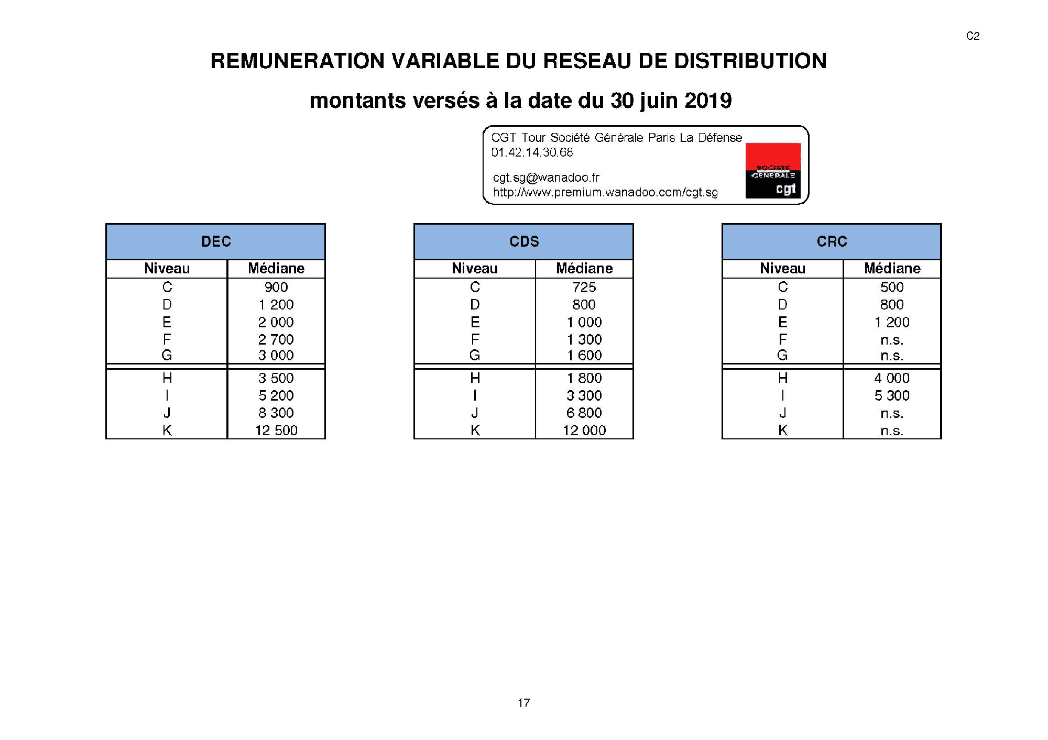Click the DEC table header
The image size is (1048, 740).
216,241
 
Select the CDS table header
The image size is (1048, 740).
524,241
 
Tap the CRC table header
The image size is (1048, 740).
832,241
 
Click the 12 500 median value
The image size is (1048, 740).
276,430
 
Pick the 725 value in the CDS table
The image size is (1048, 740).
584,287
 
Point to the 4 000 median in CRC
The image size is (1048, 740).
891,378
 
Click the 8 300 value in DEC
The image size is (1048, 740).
276,413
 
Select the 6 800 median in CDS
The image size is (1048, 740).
584,413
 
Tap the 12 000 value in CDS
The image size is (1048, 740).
584,430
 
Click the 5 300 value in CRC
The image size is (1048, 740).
891,395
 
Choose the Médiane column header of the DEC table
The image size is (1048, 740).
276,269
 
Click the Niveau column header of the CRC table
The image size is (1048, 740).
782,269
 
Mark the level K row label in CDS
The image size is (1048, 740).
475,430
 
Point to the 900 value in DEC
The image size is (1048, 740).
276,287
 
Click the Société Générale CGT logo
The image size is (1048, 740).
773,171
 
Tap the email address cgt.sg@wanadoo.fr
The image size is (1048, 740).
546,178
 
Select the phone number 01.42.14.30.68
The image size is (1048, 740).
532,152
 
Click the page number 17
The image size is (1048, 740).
523,703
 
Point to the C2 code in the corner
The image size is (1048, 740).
973,36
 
